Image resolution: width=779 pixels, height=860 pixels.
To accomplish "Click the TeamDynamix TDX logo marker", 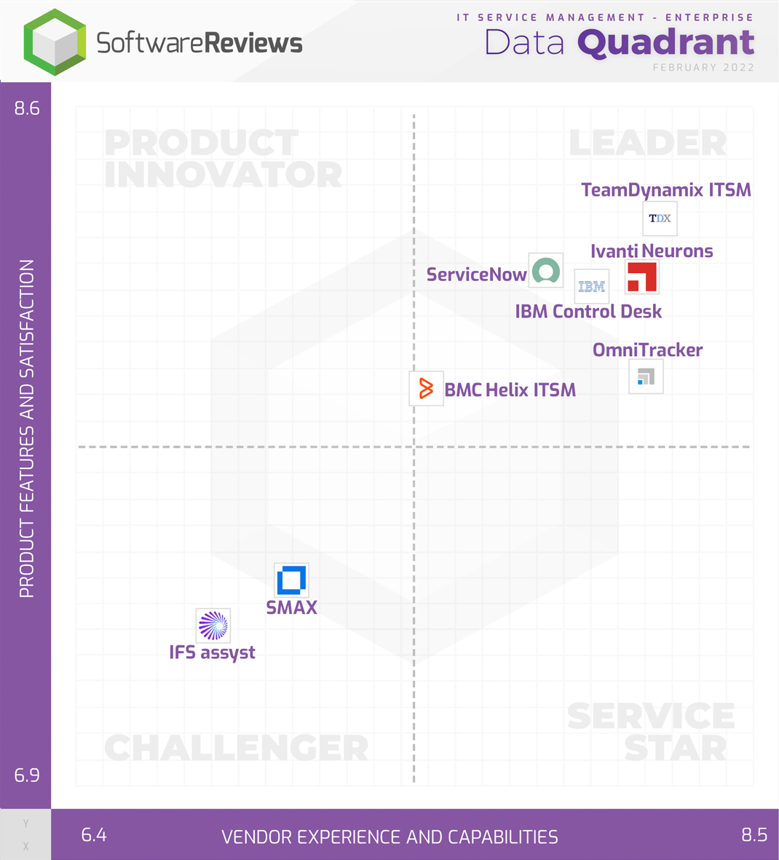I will tap(660, 218).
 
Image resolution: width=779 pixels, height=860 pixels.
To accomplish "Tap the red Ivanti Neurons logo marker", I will tap(641, 277).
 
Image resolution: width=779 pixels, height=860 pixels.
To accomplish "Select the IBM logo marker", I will tap(591, 286).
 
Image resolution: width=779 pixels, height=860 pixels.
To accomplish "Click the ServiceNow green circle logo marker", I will tap(545, 271).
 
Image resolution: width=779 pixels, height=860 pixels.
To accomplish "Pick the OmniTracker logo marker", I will tap(646, 376).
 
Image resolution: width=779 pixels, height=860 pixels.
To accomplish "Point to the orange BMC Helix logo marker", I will tap(426, 388).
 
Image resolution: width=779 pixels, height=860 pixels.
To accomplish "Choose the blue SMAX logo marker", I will tap(291, 580).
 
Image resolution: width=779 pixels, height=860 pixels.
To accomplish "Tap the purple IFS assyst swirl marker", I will tap(213, 626).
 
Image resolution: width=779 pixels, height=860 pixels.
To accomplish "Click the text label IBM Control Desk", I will tap(588, 312).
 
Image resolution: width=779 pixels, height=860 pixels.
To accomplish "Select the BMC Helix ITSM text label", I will tap(510, 390).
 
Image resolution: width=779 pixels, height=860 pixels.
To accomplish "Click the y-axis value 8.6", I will tap(27, 109).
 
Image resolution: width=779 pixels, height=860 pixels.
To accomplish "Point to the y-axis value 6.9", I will tap(27, 775).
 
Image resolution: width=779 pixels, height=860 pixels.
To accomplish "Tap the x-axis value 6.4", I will tap(94, 835).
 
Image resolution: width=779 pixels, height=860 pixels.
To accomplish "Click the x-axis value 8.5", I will tap(754, 835).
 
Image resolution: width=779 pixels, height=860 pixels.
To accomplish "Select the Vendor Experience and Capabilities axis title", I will tap(389, 837).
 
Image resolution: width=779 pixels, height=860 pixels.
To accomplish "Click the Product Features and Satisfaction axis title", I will tap(27, 429).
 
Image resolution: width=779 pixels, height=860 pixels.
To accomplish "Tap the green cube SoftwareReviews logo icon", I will tap(55, 42).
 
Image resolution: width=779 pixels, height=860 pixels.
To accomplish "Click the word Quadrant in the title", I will tap(665, 43).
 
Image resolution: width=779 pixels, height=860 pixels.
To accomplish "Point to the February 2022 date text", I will tap(703, 68).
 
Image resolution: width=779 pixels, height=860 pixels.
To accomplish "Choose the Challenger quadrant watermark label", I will tap(237, 748).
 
